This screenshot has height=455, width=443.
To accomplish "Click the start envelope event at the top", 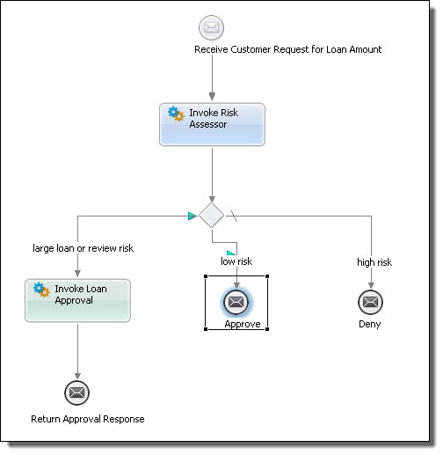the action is pyautogui.click(x=211, y=27).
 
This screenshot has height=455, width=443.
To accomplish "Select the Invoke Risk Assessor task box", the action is pyautogui.click(x=212, y=124).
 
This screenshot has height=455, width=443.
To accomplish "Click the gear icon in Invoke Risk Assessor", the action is pyautogui.click(x=176, y=114).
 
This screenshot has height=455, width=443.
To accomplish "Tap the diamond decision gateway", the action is pyautogui.click(x=211, y=216).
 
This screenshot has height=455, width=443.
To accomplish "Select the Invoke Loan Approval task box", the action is pyautogui.click(x=77, y=300).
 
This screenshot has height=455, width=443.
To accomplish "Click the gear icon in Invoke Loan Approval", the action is pyautogui.click(x=41, y=290).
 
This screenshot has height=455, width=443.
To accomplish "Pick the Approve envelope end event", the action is pyautogui.click(x=236, y=302).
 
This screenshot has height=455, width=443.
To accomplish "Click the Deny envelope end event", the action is pyautogui.click(x=370, y=302).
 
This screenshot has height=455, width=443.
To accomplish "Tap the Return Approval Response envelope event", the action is pyautogui.click(x=76, y=393).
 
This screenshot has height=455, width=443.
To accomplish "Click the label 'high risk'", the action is pyautogui.click(x=374, y=262).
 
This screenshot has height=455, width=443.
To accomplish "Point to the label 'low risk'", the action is pyautogui.click(x=236, y=261).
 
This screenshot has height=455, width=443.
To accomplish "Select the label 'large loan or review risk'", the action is pyautogui.click(x=84, y=248).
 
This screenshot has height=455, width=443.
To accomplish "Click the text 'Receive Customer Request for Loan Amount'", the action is pyautogui.click(x=288, y=49).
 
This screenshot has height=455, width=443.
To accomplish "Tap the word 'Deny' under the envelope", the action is pyautogui.click(x=370, y=324).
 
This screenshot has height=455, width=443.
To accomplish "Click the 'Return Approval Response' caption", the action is pyautogui.click(x=88, y=419).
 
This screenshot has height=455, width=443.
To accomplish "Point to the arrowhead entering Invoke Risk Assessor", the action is pyautogui.click(x=212, y=97).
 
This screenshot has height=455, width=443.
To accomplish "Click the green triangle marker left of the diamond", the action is pyautogui.click(x=192, y=216).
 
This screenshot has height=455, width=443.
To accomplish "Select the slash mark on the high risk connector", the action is pyautogui.click(x=234, y=216).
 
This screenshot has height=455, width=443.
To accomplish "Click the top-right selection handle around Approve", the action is pyautogui.click(x=267, y=276).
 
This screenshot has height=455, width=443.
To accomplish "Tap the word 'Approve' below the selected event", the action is pyautogui.click(x=243, y=324).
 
